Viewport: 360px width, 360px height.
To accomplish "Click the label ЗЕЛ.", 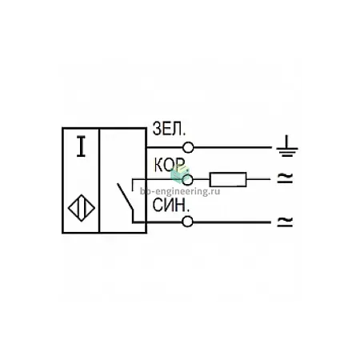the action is [x=169, y=129].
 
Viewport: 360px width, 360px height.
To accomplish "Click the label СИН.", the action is [x=171, y=206].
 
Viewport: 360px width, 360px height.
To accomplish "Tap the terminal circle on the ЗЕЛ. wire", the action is [x=188, y=147].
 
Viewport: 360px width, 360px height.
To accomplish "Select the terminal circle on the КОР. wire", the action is [x=187, y=179].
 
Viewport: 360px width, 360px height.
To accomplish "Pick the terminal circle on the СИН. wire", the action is [x=187, y=222].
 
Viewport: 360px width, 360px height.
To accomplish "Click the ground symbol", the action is [x=286, y=146].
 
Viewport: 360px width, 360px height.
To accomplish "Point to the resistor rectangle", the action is [x=228, y=179].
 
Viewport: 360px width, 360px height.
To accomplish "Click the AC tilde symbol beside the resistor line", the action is [x=285, y=178].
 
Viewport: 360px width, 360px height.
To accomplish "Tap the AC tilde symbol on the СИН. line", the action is [x=285, y=222].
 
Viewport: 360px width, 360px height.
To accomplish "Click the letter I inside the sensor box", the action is [x=81, y=146].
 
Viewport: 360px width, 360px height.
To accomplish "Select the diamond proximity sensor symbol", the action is [x=82, y=208].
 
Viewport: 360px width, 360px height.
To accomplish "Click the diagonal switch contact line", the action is [x=125, y=197].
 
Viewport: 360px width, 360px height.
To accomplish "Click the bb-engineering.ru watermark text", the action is [x=180, y=191].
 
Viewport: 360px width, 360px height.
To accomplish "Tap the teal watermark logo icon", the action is [x=180, y=174].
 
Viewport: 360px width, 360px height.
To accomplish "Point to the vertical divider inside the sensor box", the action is [x=99, y=181].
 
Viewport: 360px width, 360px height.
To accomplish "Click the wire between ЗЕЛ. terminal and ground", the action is [x=233, y=147].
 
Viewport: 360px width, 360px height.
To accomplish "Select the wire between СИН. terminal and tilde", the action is [x=232, y=222].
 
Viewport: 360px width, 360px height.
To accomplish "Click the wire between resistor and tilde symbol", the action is [x=258, y=179].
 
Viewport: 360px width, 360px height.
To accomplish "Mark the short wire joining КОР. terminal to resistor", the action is [x=202, y=179].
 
